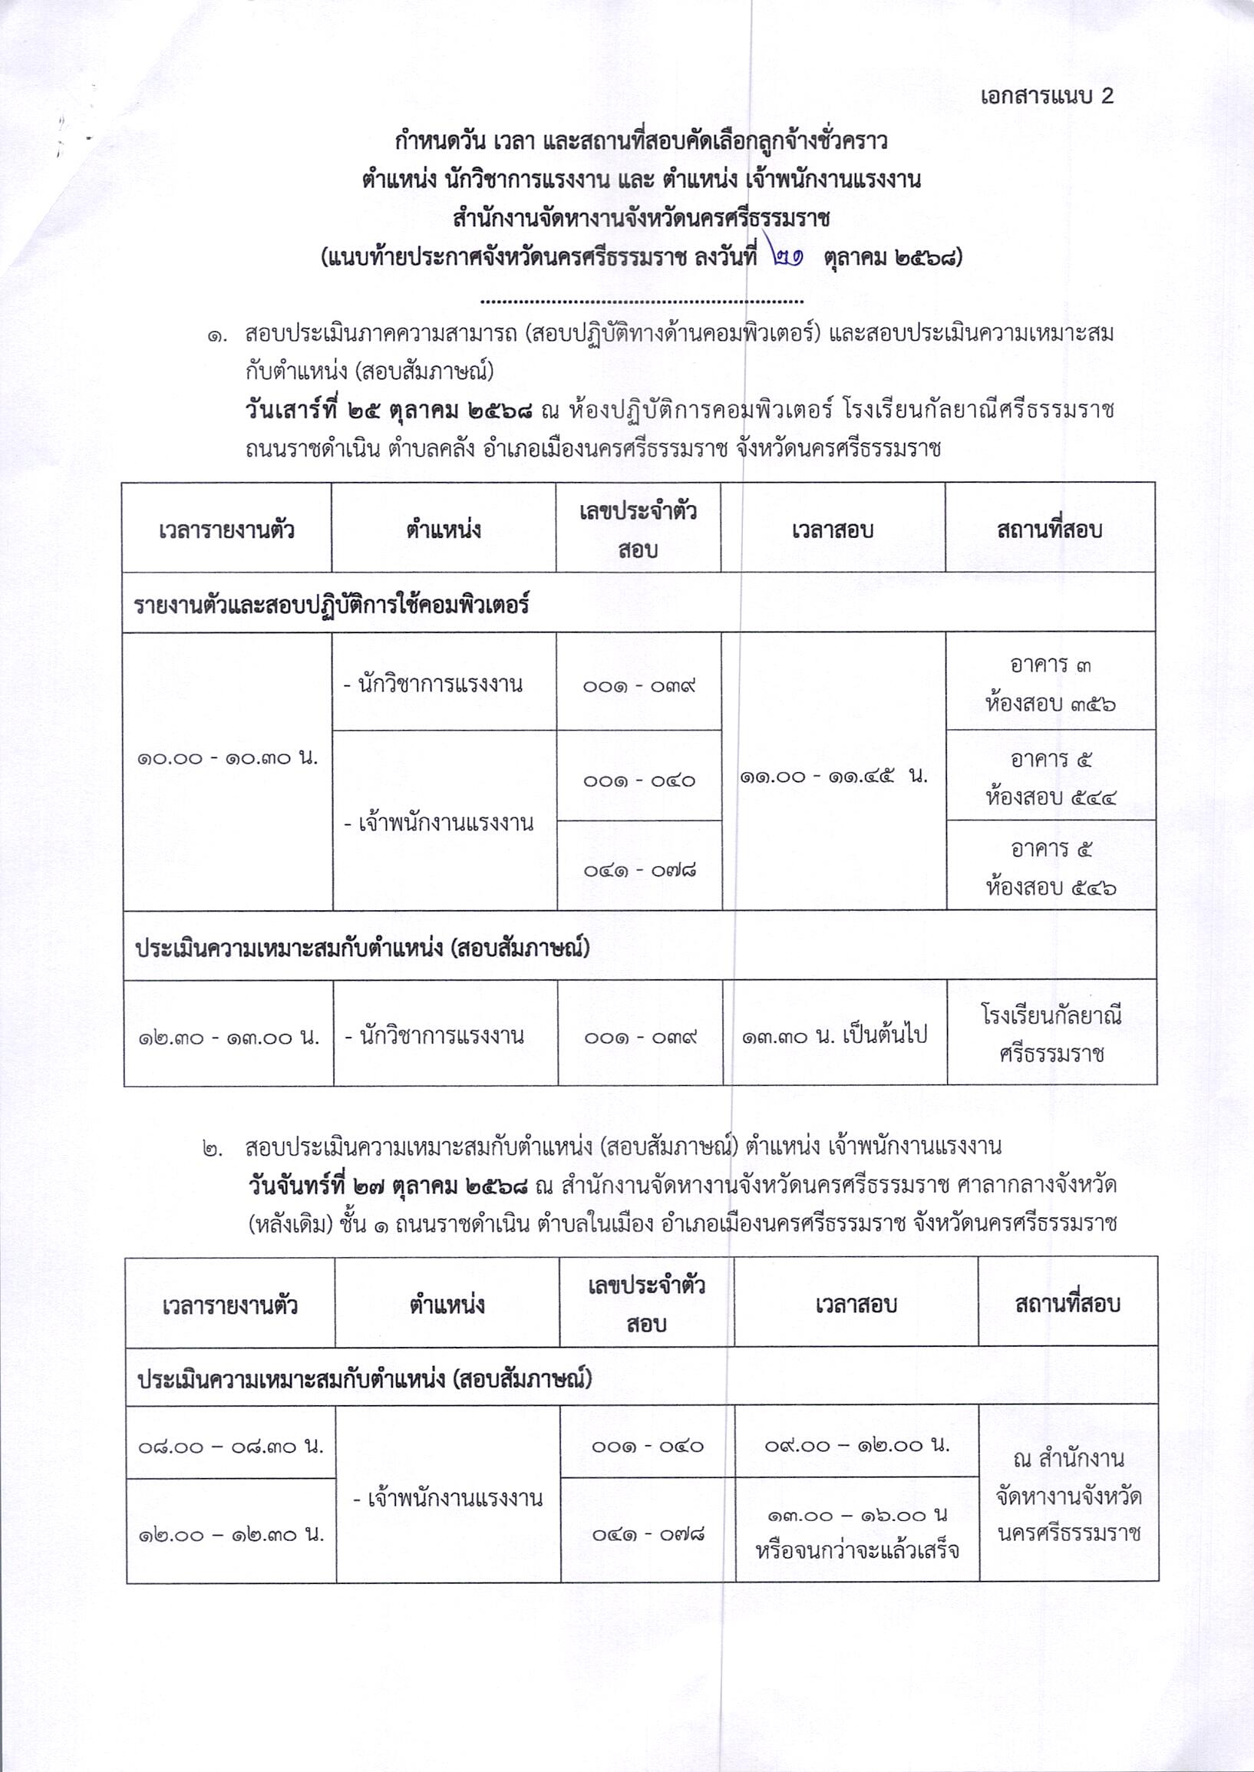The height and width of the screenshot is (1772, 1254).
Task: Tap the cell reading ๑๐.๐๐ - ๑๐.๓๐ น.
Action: (x=227, y=758)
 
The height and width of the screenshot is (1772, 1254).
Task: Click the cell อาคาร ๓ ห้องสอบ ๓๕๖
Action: (x=1051, y=683)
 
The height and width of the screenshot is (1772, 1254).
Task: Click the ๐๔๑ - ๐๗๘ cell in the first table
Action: (x=639, y=870)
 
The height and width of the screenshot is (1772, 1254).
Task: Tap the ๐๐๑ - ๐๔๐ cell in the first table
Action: (x=639, y=780)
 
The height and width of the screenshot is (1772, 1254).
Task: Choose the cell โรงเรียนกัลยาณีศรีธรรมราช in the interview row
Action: (x=1051, y=1034)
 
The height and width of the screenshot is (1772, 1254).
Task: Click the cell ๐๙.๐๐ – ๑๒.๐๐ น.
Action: (x=856, y=1444)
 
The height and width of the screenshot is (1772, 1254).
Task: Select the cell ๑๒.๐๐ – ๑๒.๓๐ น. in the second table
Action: (x=230, y=1535)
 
